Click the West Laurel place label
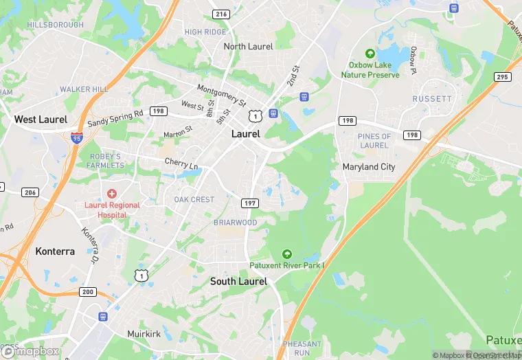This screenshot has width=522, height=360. click(x=41, y=120)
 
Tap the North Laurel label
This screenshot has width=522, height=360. click(x=248, y=47)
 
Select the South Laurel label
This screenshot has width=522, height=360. click(x=238, y=281)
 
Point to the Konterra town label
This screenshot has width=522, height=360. click(x=55, y=251)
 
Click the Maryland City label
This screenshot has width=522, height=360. click(x=369, y=167)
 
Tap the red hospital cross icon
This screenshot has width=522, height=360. click(x=112, y=194)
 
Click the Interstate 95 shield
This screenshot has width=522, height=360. click(x=76, y=137)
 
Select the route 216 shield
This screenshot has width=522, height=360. click(x=221, y=14)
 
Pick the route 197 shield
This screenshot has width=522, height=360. click(x=249, y=203)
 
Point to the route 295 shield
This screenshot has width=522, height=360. click(x=503, y=77)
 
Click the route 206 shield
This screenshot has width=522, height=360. click(x=30, y=192)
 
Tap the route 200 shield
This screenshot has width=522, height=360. click(x=87, y=292)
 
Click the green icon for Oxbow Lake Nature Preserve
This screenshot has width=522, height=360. click(x=370, y=54)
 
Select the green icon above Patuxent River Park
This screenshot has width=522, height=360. click(x=287, y=254)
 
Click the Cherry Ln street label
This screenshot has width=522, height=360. click(x=181, y=164)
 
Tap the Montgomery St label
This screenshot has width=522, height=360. click(x=221, y=95)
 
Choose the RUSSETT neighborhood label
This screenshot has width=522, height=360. click(x=432, y=99)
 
